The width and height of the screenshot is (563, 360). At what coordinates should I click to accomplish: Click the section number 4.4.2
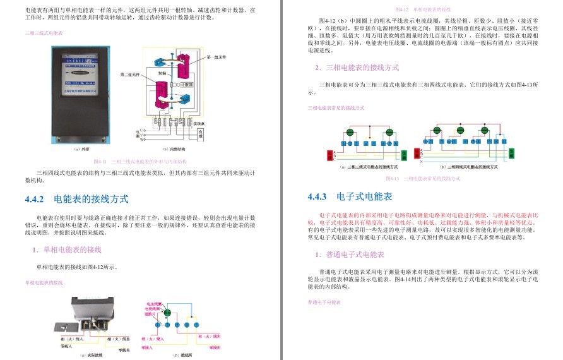pyautogui.click(x=35, y=199)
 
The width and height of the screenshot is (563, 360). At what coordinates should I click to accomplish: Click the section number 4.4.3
pyautogui.click(x=317, y=196)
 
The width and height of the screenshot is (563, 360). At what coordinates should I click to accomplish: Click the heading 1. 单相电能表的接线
pyautogui.click(x=66, y=249)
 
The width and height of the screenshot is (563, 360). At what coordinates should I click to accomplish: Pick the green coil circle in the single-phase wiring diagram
pyautogui.click(x=167, y=312)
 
